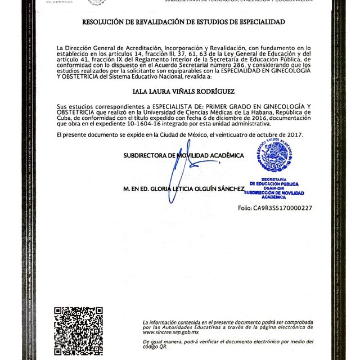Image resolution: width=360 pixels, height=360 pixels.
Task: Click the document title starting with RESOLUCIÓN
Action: tap(183, 23)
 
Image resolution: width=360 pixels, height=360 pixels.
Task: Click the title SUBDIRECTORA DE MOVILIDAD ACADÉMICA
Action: tap(183, 155)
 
